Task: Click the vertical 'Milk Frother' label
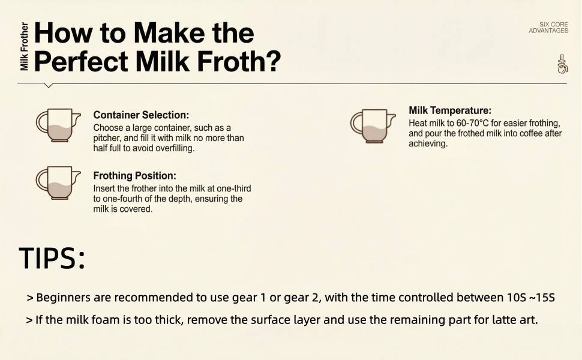click(24, 47)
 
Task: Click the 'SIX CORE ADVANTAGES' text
click(548, 28)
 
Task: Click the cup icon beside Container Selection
click(58, 125)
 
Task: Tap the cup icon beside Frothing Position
click(58, 182)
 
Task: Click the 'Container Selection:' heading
click(141, 115)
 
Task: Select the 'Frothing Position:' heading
click(134, 176)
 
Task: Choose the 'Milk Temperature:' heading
click(450, 110)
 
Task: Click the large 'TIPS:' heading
click(52, 257)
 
